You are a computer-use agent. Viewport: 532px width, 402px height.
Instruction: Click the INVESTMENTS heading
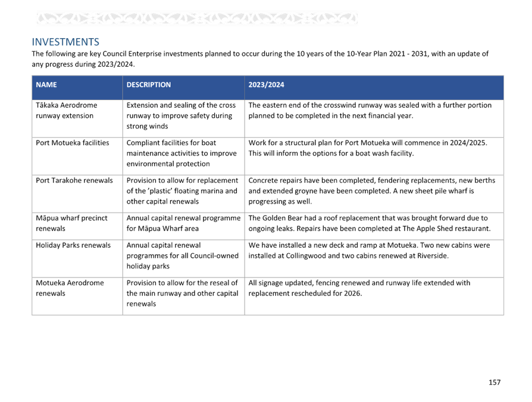(x=65, y=42)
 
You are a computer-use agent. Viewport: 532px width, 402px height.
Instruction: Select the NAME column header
(x=46, y=85)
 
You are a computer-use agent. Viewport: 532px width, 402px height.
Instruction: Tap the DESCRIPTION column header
(x=149, y=85)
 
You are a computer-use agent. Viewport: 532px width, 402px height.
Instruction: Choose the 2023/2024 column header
(x=266, y=85)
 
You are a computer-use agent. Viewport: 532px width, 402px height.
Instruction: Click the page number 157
(x=495, y=382)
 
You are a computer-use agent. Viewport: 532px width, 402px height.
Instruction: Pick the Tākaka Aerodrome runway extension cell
(x=67, y=110)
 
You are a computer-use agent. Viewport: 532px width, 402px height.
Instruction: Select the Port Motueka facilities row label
(x=72, y=142)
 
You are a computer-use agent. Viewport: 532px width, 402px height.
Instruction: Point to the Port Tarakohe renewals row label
(x=74, y=180)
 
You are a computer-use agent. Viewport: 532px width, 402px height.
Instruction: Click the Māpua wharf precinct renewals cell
(x=71, y=223)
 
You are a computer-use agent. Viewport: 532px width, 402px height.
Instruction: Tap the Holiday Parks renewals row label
(x=73, y=245)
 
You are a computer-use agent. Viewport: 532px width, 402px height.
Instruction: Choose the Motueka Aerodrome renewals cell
(x=70, y=288)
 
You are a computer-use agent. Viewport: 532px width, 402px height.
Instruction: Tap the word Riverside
(x=431, y=255)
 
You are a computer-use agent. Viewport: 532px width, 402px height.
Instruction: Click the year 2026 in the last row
(x=353, y=294)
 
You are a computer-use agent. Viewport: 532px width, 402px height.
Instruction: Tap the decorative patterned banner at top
(x=197, y=18)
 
